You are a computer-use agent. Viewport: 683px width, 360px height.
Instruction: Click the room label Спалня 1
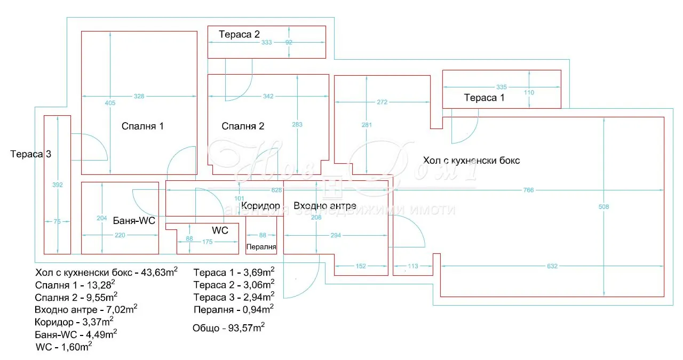142,126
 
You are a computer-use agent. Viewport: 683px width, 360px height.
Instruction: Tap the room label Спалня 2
243,126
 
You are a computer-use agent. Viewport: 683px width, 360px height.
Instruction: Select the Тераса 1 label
484,98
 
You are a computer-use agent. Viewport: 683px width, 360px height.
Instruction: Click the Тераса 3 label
31,155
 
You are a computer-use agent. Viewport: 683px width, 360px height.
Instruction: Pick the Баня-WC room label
134,220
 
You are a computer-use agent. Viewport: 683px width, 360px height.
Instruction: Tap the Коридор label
260,206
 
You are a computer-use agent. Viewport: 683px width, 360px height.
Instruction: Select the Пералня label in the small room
261,247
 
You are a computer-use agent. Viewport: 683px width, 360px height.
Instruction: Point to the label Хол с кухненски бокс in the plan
471,161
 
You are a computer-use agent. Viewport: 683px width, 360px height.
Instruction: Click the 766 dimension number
528,190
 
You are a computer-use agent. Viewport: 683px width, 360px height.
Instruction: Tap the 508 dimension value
603,206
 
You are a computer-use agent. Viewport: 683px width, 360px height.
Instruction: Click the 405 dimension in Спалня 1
110,103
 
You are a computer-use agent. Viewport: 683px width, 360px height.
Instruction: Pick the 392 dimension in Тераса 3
58,185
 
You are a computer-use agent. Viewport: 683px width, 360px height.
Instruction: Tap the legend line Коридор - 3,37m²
74,322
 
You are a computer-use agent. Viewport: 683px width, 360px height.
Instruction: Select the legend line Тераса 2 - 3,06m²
234,284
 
